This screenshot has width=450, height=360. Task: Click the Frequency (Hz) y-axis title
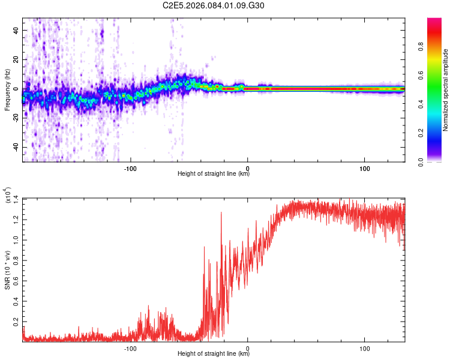tap(7, 90)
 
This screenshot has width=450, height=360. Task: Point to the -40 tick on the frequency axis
tap(14, 148)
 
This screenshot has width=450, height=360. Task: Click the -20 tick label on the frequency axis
tap(14, 118)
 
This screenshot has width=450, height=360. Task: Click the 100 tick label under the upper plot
tap(364, 169)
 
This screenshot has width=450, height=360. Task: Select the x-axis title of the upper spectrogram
tap(214, 174)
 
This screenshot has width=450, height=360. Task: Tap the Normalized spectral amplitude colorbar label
tap(445, 90)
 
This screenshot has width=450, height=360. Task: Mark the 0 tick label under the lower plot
tap(248, 349)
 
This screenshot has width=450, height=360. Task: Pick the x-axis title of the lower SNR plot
tap(214, 354)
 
